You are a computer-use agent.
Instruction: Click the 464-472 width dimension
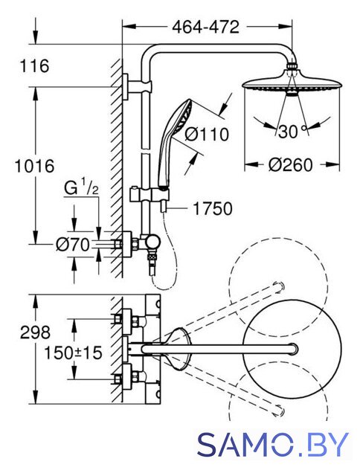tap(205, 27)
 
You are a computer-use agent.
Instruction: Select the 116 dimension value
tap(34, 66)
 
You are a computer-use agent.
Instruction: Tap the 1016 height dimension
tap(35, 166)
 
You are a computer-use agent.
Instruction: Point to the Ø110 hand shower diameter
tap(207, 135)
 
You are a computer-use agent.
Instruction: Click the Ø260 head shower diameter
tap(290, 165)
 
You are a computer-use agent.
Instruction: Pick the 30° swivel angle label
tap(292, 132)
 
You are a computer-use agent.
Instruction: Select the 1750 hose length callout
tap(213, 209)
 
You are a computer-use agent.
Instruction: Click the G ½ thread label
tap(81, 188)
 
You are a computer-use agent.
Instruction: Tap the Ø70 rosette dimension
tap(73, 245)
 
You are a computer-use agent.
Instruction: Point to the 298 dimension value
tap(35, 332)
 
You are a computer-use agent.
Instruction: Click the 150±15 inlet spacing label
tap(73, 353)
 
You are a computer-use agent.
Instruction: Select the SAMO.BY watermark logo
tap(272, 445)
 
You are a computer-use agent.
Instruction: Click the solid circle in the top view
tap(292, 349)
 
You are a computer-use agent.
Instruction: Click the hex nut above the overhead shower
tap(292, 65)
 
